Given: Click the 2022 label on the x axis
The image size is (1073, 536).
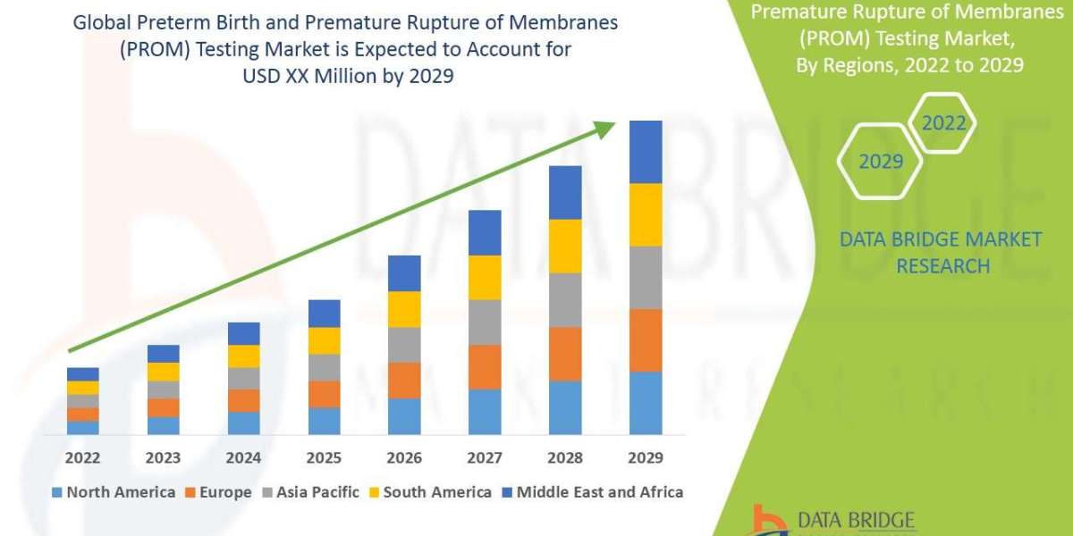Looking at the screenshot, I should (x=83, y=457).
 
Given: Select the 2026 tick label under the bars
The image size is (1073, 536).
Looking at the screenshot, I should (x=404, y=457).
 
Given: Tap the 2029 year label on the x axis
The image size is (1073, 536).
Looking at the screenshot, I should (x=646, y=457).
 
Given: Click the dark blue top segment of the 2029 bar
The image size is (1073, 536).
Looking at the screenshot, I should (x=646, y=152).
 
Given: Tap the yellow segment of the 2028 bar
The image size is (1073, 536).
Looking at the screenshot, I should (x=565, y=246).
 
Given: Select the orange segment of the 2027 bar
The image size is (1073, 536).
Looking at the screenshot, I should (x=485, y=366).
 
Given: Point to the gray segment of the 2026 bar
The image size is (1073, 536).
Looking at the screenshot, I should (x=404, y=344).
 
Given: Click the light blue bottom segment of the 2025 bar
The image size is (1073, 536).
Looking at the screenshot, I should (x=324, y=421).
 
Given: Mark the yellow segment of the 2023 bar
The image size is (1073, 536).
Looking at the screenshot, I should (x=164, y=372).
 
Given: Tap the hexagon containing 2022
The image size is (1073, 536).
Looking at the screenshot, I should (x=943, y=123).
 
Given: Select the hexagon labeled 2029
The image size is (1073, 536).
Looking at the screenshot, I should (x=880, y=162).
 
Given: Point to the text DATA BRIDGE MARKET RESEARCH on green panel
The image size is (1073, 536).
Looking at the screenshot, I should (x=942, y=252).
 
